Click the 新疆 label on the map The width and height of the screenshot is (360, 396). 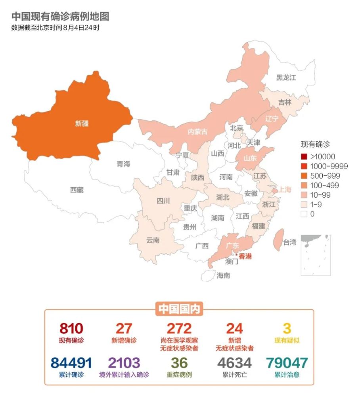82,124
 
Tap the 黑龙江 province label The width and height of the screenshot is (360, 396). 286,78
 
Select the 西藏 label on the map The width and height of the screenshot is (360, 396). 77,190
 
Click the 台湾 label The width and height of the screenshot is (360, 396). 289,242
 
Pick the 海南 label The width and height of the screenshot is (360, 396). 223,275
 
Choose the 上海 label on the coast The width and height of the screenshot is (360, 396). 285,189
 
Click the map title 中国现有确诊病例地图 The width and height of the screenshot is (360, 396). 60,16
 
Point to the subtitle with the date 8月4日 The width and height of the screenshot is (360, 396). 55,28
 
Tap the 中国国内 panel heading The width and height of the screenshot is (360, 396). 179,309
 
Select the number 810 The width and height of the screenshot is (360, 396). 71,328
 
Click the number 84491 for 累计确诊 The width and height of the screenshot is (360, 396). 71,363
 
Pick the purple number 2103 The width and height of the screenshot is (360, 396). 124,363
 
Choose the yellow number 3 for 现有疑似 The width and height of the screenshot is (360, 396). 287,328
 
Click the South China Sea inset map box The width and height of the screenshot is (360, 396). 316,255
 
